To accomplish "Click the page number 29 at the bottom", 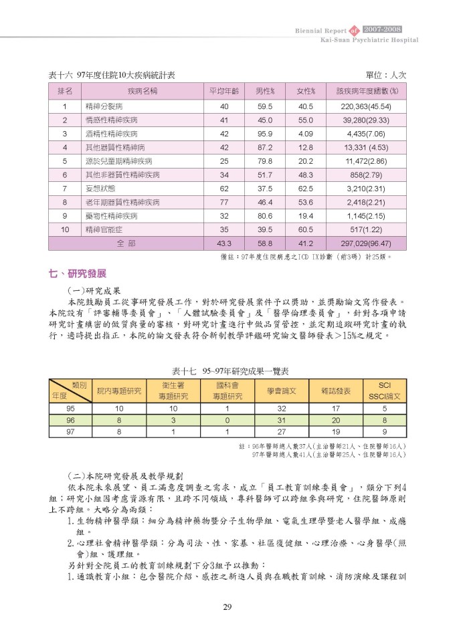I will pyautogui.click(x=227, y=607).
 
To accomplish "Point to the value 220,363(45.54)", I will pyautogui.click(x=365, y=106).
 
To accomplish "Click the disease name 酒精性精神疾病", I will pyautogui.click(x=106, y=134).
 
